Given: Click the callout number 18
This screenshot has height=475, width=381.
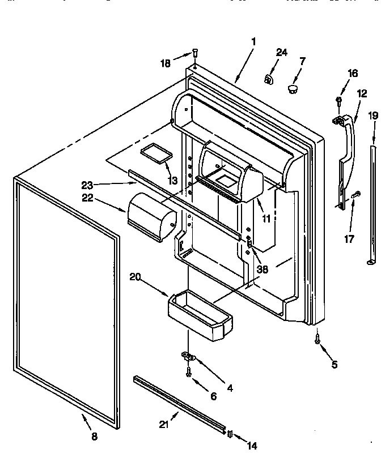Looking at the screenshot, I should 165,63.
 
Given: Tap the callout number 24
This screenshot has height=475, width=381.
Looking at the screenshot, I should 282,53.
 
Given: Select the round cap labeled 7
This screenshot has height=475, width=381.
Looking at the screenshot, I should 293,88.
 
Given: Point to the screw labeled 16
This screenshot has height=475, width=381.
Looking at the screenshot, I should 338,101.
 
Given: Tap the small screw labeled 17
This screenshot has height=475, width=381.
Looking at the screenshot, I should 355,195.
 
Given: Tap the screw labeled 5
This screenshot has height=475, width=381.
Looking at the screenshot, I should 317,340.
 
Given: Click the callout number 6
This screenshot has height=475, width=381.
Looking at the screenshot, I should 213,396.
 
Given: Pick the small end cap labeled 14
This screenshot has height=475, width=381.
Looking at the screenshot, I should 230,433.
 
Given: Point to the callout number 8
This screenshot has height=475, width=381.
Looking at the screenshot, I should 94,437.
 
